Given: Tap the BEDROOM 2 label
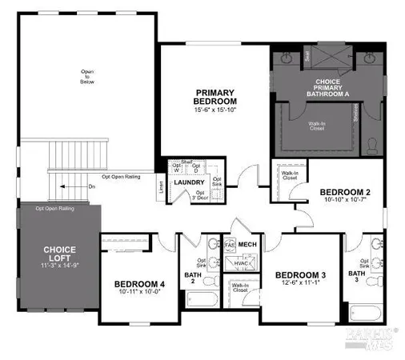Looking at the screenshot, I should (344, 192).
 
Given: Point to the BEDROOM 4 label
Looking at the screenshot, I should (139, 284).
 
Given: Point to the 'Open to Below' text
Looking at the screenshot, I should (87, 76).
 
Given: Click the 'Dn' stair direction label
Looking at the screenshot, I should (91, 186).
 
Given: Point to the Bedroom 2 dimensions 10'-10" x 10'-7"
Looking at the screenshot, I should (344, 200).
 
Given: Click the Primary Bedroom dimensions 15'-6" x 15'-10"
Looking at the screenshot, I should (216, 110).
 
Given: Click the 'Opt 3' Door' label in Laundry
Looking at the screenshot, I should (202, 196).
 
